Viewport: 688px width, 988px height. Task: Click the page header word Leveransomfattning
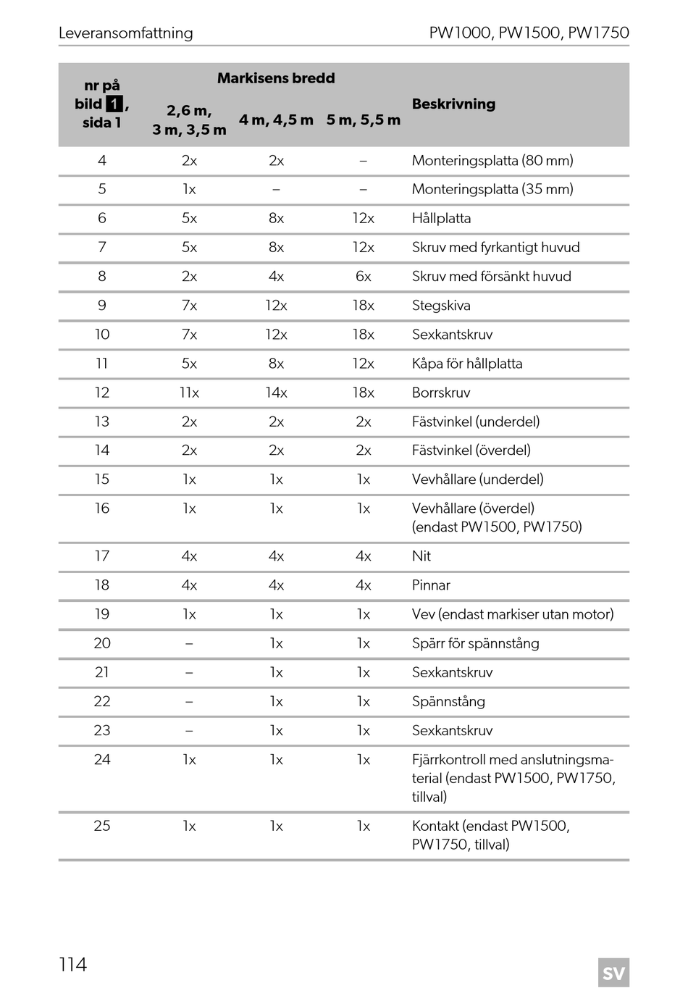pos(125,33)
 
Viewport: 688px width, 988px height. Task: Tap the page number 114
pos(72,964)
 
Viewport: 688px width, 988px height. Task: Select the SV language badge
pos(613,972)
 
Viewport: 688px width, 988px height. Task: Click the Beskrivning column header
pos(453,104)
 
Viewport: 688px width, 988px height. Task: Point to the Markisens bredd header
pos(276,78)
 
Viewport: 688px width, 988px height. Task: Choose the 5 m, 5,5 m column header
pos(363,120)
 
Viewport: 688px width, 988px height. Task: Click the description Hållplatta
pos(441,219)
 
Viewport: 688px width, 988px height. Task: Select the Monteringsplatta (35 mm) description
pos(492,190)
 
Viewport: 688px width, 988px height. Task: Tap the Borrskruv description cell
pos(441,393)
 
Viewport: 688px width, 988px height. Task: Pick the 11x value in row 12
pos(189,393)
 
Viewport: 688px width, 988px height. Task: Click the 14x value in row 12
pos(276,393)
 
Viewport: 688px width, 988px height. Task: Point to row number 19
pos(102,614)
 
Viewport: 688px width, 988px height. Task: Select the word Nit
pos(421,556)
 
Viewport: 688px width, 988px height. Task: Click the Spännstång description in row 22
pos(448,701)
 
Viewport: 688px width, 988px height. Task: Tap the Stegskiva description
pos(441,306)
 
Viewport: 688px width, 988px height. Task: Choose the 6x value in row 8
pos(363,277)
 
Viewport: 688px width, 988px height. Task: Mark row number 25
pos(102,826)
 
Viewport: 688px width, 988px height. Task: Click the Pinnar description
pos(431,585)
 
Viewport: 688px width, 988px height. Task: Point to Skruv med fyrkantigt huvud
pos(495,248)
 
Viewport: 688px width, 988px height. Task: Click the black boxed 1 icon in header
pos(114,104)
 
